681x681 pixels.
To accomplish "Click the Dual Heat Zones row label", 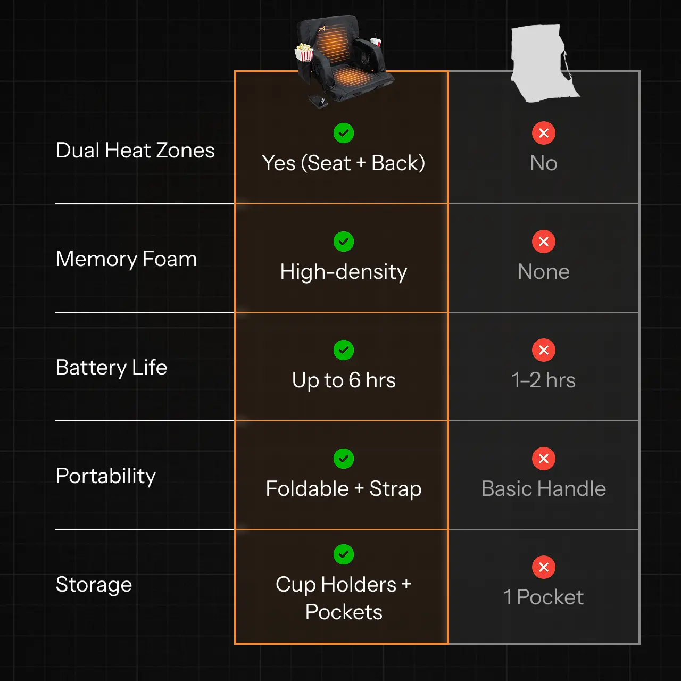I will click(135, 151).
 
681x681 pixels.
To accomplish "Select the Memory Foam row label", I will click(126, 259).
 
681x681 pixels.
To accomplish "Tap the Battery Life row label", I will click(111, 368).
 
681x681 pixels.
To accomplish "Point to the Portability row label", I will click(105, 476).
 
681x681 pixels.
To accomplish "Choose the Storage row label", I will click(94, 585).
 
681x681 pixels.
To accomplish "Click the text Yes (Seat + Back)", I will click(343, 163).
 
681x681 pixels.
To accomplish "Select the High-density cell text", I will click(343, 272).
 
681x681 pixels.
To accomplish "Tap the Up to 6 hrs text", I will click(343, 380).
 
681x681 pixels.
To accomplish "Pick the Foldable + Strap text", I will click(343, 489).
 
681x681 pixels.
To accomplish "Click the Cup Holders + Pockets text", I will click(343, 598).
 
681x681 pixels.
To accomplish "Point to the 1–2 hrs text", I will click(543, 380).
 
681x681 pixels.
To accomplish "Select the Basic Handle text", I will click(543, 489).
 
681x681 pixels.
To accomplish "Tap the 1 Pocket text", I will click(543, 597).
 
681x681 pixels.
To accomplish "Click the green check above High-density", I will click(344, 242).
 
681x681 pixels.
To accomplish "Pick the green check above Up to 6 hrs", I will click(344, 350).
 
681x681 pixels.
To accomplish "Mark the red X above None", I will click(544, 242).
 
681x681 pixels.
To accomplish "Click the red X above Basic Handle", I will click(544, 459).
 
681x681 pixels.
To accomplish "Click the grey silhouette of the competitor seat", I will click(538, 63).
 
